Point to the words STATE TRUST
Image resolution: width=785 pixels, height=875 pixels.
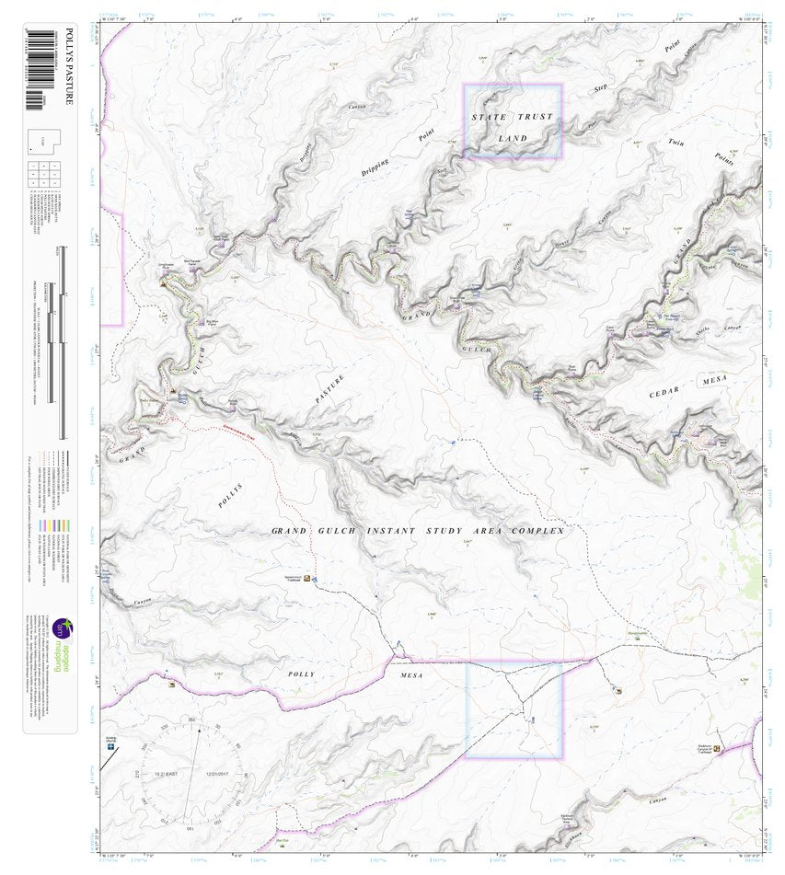[x=513, y=117]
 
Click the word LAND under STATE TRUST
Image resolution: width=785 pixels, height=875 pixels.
[x=513, y=138]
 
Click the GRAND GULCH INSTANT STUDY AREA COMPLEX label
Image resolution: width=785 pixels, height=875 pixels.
[x=417, y=531]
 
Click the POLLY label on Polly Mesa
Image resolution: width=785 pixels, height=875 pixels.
[x=299, y=674]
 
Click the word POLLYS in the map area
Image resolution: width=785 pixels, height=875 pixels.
[x=232, y=497]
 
